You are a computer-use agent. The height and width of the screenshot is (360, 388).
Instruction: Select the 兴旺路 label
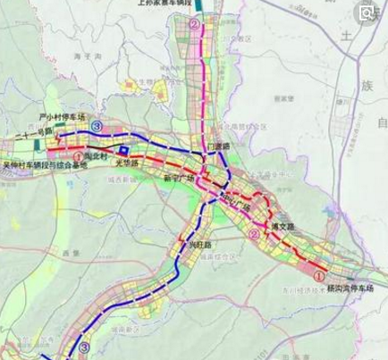[x=199, y=244]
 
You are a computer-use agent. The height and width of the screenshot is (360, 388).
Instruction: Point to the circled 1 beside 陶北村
[x=80, y=157]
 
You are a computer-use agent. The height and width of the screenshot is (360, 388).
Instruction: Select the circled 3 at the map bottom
[x=83, y=347]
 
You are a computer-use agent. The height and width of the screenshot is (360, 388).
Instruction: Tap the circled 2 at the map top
[x=196, y=26]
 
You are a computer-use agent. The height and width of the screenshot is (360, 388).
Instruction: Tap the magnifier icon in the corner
[x=365, y=13]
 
